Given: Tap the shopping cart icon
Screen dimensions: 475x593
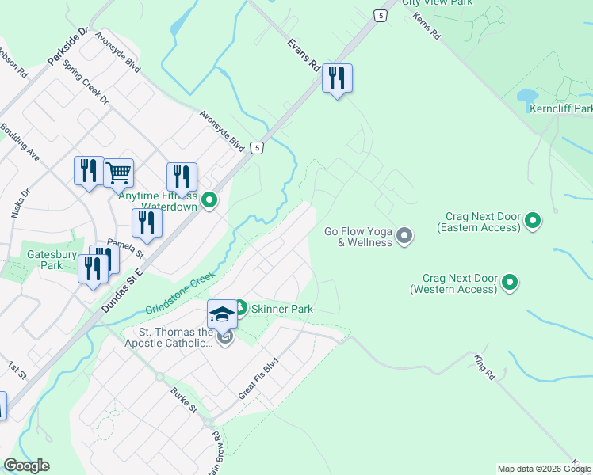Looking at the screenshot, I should click(x=118, y=172).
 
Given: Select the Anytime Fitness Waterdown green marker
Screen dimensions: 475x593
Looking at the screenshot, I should click(x=209, y=200).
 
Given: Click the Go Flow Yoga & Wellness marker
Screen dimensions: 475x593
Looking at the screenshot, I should click(x=404, y=235).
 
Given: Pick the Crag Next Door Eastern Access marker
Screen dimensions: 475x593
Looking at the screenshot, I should click(x=533, y=221).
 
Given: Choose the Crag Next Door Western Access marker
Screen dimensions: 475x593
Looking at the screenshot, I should click(x=511, y=282).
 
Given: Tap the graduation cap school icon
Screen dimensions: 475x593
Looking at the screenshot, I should click(x=223, y=314).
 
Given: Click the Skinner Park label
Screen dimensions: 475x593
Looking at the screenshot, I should click(x=281, y=308).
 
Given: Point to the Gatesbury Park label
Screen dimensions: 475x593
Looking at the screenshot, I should click(x=44, y=260).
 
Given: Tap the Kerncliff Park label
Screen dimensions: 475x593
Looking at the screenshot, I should click(x=561, y=108).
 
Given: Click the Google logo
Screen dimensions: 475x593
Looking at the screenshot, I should click(x=27, y=466).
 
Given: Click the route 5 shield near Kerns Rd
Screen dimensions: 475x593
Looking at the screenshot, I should click(x=382, y=15).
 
